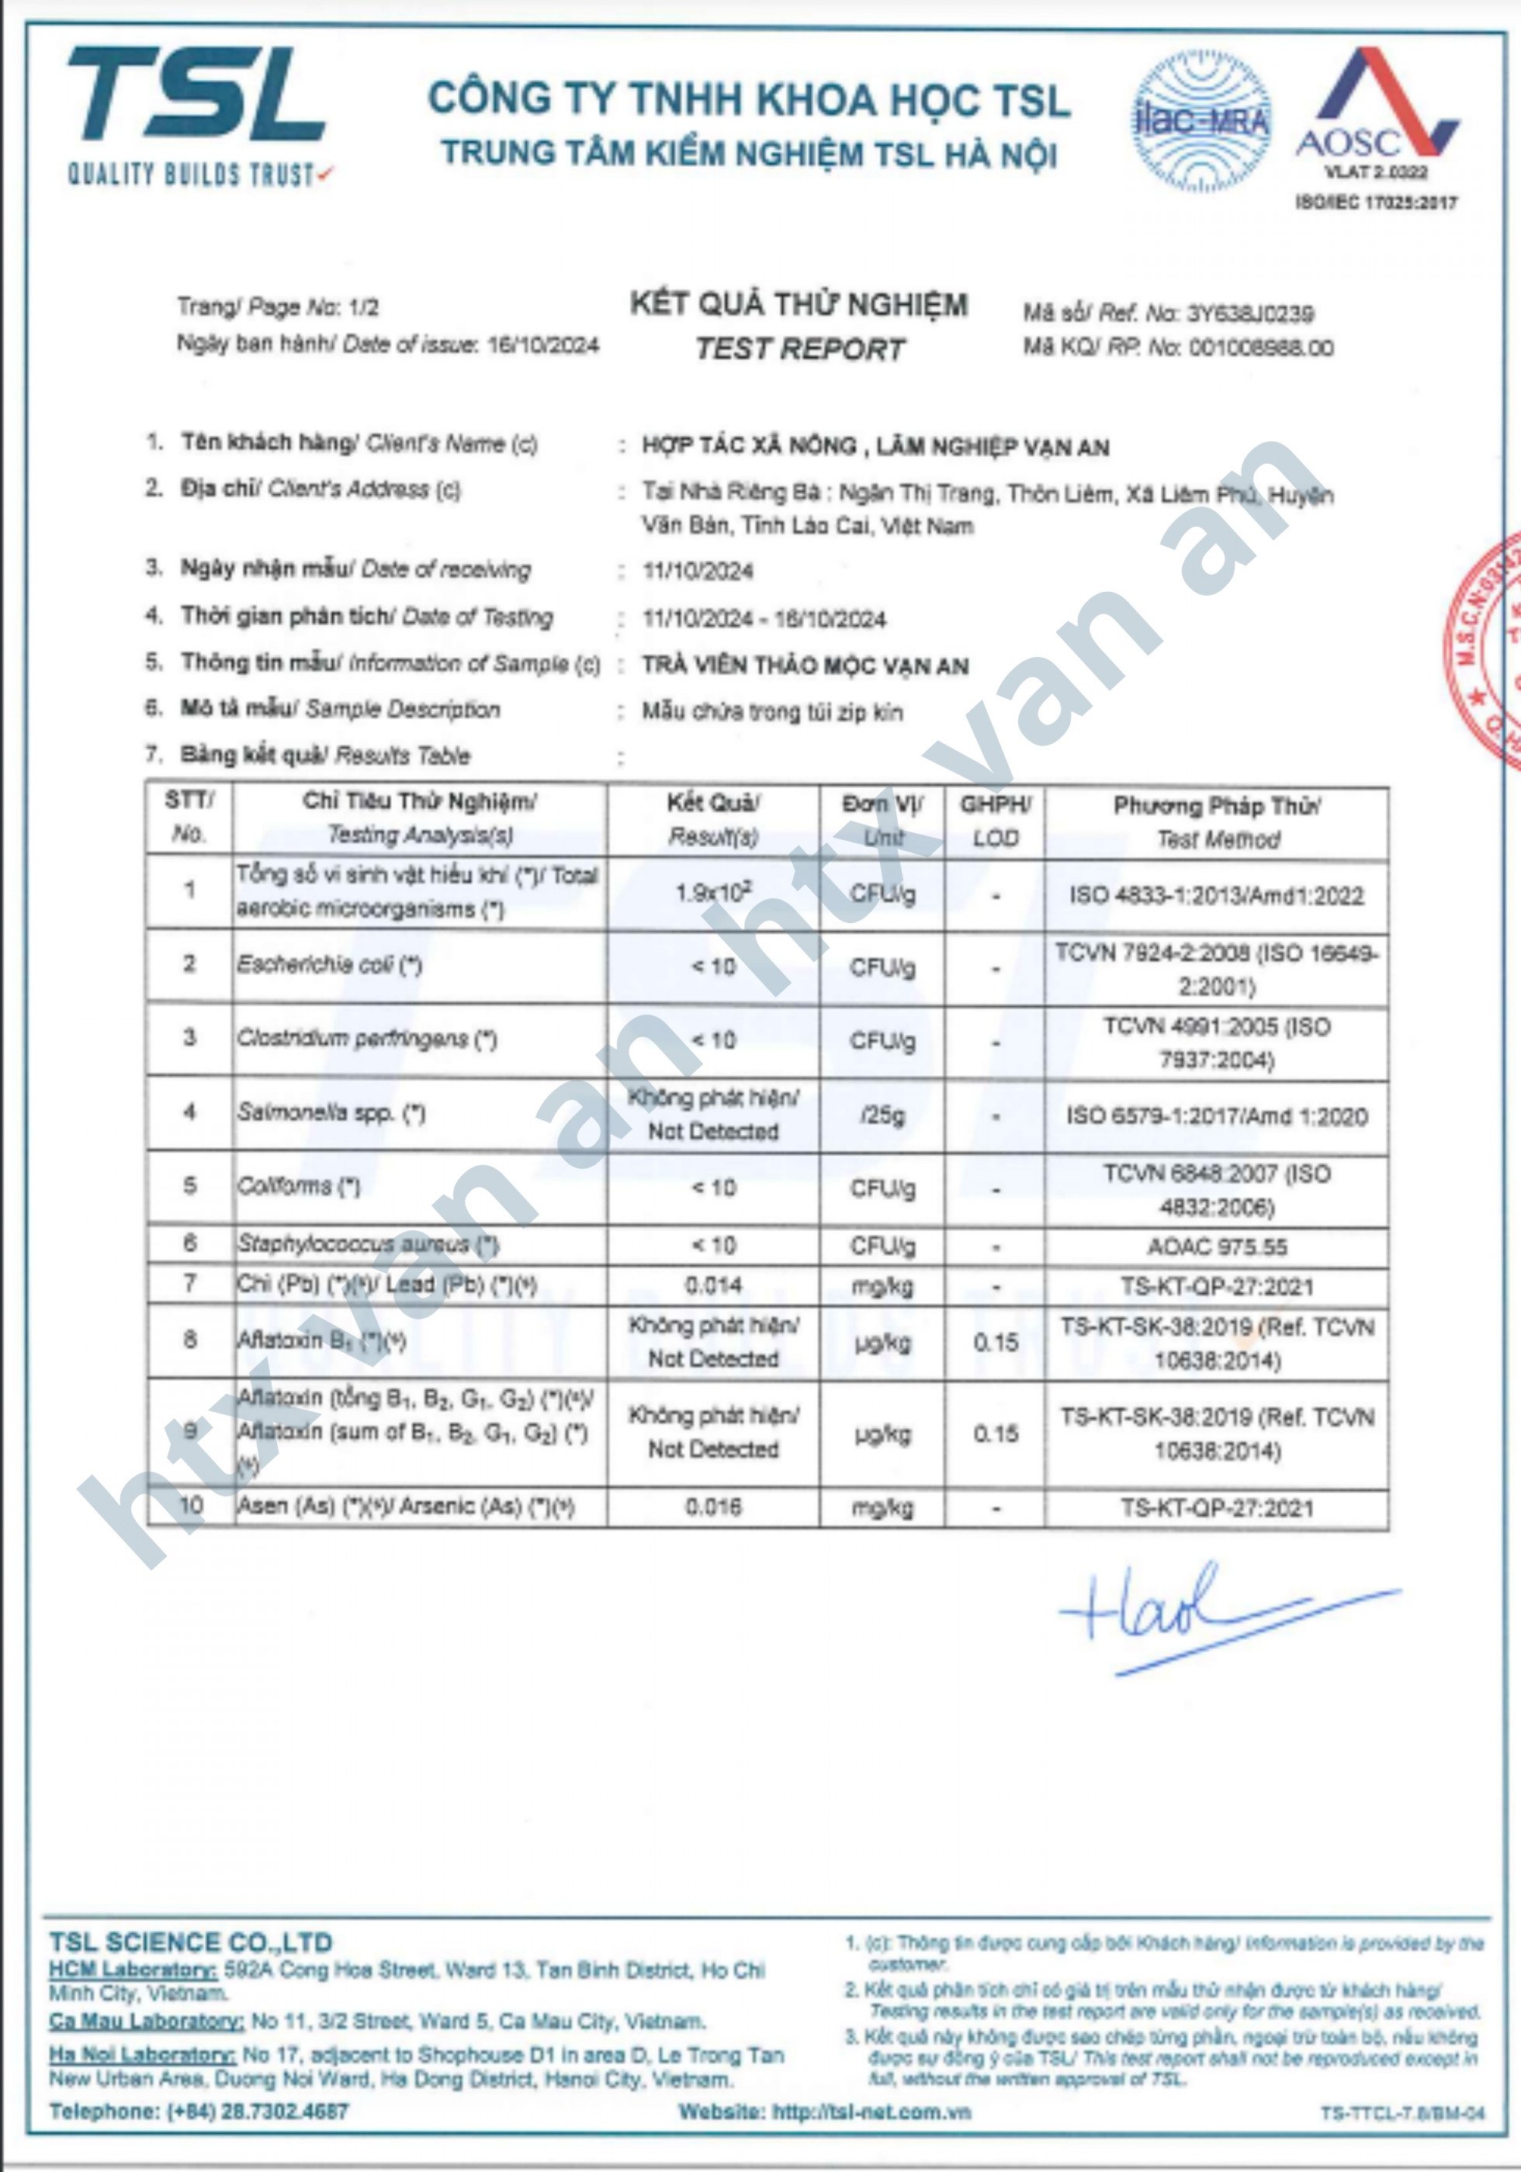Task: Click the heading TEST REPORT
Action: pos(800,349)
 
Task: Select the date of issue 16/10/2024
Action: pos(542,344)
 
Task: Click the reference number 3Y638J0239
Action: pos(1250,313)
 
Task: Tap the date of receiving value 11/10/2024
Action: pos(698,570)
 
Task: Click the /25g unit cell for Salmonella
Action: pos(882,1115)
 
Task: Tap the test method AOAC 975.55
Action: pos(1216,1247)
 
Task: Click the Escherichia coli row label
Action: pos(328,965)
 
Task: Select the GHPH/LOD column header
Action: pos(995,820)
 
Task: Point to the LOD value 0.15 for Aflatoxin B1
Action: pos(996,1341)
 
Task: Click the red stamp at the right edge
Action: pos(1491,652)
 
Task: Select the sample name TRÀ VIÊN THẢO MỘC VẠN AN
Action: pos(805,666)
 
